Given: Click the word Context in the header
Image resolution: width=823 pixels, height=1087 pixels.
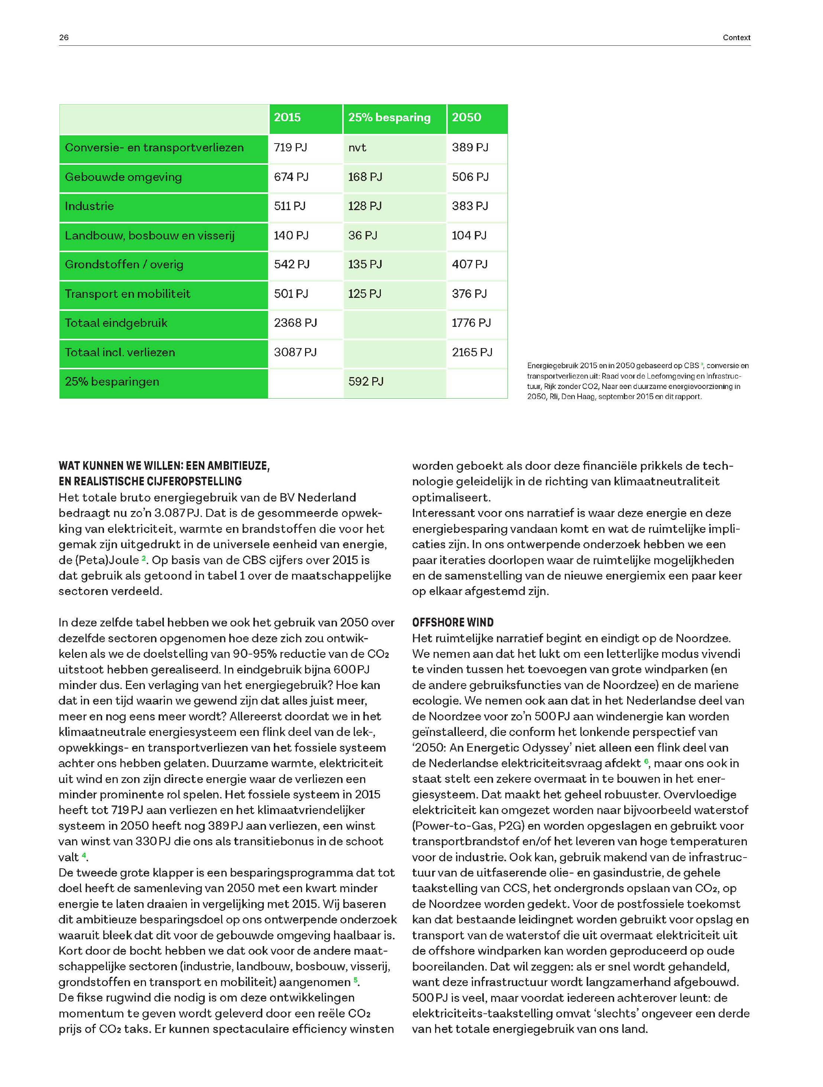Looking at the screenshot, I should click(x=736, y=37).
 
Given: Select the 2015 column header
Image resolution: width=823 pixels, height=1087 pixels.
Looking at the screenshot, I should click(x=287, y=118).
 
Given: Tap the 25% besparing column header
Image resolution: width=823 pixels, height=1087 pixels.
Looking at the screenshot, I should click(x=389, y=118).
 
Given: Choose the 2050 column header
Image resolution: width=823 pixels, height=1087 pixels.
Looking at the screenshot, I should click(x=467, y=118).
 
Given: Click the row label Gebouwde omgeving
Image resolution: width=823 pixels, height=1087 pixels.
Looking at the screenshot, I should click(x=123, y=177).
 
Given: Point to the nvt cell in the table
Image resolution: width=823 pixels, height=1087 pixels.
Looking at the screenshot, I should click(x=357, y=147).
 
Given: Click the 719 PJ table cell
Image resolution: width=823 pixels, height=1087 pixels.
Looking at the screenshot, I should click(x=290, y=147).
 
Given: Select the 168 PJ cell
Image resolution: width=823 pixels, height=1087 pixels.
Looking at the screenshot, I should click(x=365, y=177).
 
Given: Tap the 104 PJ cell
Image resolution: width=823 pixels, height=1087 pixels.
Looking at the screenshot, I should click(x=469, y=235).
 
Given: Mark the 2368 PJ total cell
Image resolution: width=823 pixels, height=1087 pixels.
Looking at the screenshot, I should click(x=295, y=323).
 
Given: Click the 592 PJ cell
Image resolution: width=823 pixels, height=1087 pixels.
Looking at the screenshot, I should click(x=366, y=381).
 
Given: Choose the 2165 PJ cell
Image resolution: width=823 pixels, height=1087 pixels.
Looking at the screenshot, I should click(x=472, y=352).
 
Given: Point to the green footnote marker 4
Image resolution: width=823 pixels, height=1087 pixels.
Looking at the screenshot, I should click(x=84, y=856).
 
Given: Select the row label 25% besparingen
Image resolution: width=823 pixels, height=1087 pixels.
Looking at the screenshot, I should click(x=112, y=381).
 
